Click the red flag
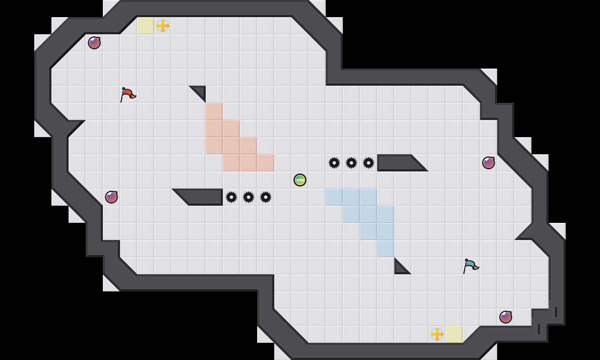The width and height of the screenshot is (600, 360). pos(127,94)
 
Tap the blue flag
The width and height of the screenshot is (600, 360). pos(470,265)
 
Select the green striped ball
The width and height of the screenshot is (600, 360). pos(300,180)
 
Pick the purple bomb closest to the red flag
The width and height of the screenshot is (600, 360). pos(94,43)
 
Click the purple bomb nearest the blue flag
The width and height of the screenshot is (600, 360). pos(506,317)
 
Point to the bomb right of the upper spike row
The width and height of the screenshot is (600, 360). pos(489,163)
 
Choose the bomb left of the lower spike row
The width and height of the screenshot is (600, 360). pos(111,197)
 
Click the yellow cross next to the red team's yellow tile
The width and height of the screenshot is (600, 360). pos(163,26)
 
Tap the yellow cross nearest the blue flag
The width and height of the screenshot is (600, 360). pos(437,334)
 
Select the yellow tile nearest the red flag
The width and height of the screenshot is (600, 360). pos(146,26)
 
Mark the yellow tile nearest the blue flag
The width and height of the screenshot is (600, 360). pos(454,334)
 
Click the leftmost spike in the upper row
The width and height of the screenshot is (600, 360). pos(334,163)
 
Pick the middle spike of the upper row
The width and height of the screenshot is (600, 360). pos(351,163)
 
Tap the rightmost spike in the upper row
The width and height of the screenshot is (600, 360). pos(369,163)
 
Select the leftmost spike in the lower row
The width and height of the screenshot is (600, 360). pos(231,197)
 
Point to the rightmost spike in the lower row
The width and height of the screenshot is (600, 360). pos(266,197)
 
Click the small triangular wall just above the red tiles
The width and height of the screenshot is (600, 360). pos(200,91)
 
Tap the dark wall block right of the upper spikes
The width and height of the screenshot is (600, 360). pos(396,163)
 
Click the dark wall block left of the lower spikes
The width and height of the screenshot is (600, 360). pos(204,197)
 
